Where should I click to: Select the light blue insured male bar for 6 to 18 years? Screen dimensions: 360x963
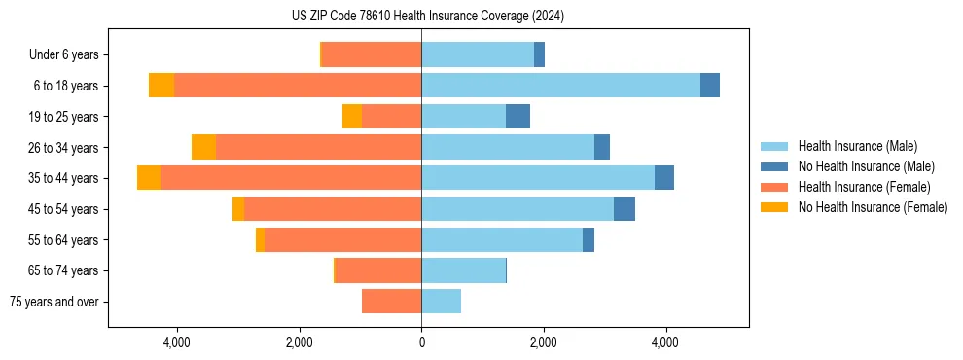(x=560, y=86)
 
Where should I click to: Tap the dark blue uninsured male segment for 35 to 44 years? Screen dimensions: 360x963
(x=664, y=178)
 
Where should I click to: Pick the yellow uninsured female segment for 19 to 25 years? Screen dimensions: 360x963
(x=352, y=117)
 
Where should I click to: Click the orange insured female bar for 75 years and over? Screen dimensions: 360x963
(x=391, y=302)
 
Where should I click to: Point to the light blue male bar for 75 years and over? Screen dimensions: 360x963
(x=441, y=302)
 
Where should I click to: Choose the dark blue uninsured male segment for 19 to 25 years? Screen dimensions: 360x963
(x=517, y=117)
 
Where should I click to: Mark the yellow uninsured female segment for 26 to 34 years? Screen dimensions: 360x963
(x=203, y=147)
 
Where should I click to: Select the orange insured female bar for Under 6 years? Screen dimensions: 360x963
(x=371, y=54)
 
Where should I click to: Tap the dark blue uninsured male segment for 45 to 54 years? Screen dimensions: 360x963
(x=624, y=209)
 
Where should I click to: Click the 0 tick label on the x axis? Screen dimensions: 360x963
(x=421, y=342)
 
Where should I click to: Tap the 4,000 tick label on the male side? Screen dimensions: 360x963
(x=665, y=342)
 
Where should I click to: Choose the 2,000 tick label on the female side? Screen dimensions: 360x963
(x=299, y=342)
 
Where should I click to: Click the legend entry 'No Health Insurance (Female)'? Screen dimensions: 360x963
(x=873, y=207)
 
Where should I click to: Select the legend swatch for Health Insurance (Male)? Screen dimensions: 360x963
(x=774, y=146)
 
